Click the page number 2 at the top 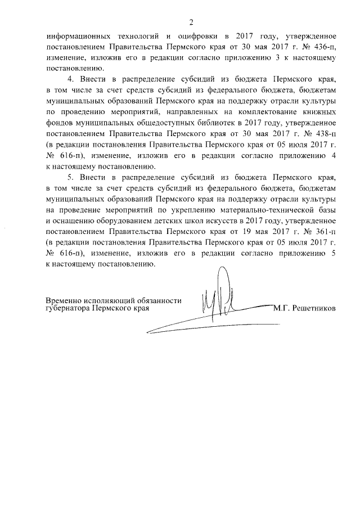tap(191, 22)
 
